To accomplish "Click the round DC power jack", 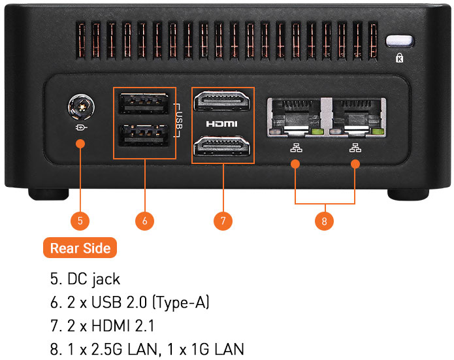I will tap(80, 105).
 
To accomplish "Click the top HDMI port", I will tap(222, 103).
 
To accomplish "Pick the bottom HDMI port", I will tap(222, 144).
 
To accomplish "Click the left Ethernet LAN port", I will tap(295, 117).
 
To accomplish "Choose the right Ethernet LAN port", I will tap(356, 117).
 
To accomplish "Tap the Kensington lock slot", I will tap(400, 41).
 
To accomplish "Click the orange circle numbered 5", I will tap(80, 221).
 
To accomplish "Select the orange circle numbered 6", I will tap(144, 221).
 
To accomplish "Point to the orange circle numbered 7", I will tap(223, 221).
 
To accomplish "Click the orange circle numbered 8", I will tap(324, 221).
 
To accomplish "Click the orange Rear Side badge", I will tap(80, 248).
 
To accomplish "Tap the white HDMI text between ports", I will tap(222, 123).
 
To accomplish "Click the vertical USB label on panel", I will tap(179, 121).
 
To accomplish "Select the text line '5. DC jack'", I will tap(86, 279).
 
